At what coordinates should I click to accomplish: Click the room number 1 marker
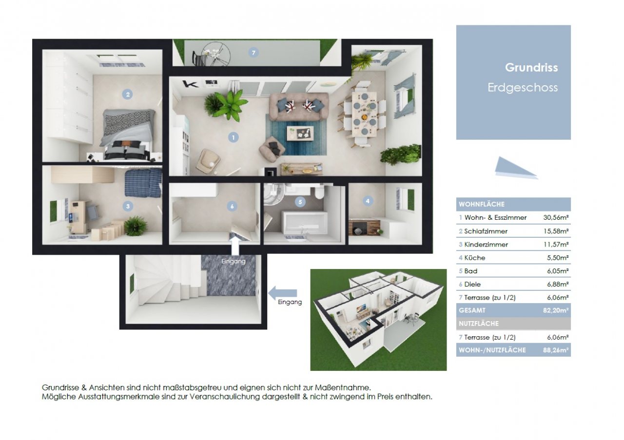233,137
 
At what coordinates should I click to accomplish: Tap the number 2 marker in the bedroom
128,95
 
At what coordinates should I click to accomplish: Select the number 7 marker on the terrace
253,53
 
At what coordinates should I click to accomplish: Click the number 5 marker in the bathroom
300,202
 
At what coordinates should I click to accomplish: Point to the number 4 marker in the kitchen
368,201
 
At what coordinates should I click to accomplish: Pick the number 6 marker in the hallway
232,206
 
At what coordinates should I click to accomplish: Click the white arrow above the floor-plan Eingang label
235,246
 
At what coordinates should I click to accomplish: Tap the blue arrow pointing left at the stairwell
282,293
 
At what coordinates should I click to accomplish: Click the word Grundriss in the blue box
531,68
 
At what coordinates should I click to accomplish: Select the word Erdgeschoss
523,88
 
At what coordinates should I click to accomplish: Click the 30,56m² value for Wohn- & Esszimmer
556,217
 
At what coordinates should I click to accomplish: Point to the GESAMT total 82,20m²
556,310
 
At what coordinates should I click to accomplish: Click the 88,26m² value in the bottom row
556,350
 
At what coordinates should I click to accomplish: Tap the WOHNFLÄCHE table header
482,204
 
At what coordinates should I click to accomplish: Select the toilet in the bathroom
319,192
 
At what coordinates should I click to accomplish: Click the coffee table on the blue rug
300,134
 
